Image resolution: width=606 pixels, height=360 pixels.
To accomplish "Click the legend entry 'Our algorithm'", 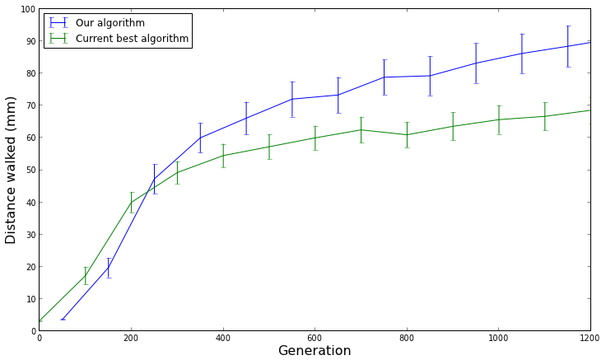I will [x=115, y=23].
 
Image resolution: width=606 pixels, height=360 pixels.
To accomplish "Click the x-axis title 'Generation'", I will [x=315, y=351].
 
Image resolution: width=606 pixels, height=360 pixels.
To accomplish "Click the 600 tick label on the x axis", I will [x=315, y=339].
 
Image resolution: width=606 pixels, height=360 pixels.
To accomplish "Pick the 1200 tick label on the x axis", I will [x=590, y=339].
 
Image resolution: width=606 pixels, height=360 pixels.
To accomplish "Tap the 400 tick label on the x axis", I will [x=223, y=339].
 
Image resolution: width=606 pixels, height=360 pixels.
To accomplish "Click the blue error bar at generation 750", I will [x=384, y=77].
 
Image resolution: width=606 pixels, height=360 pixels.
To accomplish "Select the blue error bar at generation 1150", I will [x=567, y=46].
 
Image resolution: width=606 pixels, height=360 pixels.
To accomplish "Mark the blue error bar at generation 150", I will [x=108, y=268].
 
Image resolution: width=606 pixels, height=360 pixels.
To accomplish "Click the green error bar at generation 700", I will [x=361, y=129].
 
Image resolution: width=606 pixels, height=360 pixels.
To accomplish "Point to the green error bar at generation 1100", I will [x=544, y=116].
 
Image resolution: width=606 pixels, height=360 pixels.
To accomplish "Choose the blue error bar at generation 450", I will [x=246, y=118].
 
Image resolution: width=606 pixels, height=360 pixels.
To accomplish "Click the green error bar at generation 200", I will [x=131, y=202].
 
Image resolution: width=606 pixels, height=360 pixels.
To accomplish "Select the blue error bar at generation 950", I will [x=475, y=63].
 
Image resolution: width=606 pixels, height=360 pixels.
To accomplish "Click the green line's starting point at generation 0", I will [x=40, y=320].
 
